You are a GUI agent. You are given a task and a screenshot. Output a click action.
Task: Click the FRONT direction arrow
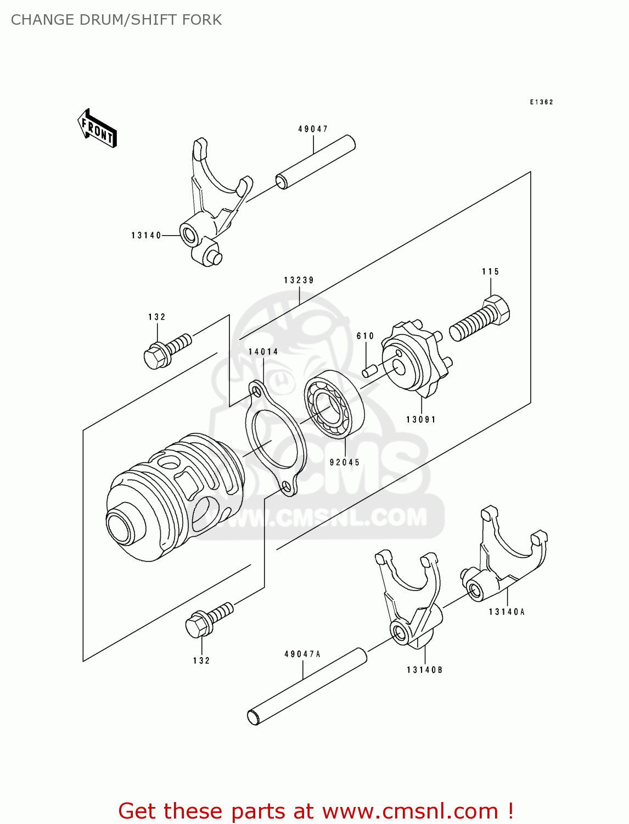click(x=97, y=129)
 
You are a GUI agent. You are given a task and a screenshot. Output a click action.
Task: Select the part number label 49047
click(x=313, y=129)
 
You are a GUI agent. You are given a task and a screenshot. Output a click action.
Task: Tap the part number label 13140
click(x=146, y=236)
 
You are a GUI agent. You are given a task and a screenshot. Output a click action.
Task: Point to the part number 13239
click(x=299, y=280)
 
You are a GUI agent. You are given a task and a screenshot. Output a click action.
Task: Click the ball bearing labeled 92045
click(x=334, y=404)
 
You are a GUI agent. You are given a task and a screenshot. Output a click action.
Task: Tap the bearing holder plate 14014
click(x=274, y=439)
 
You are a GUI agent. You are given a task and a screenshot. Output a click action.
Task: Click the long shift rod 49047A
click(x=307, y=686)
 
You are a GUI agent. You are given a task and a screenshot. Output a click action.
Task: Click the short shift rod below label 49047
click(x=316, y=163)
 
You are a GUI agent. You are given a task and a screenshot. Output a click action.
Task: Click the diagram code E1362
click(x=541, y=102)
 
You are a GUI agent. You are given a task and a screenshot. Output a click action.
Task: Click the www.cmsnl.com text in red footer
click(x=410, y=811)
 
